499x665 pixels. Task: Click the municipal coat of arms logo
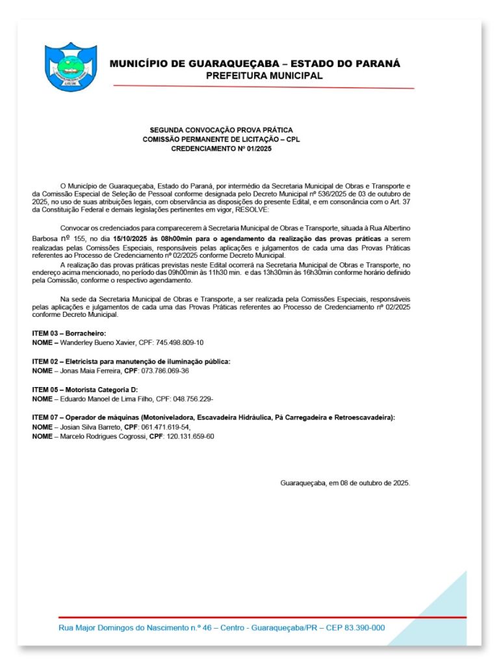pyautogui.click(x=70, y=68)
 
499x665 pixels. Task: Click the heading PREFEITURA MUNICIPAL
pyautogui.click(x=264, y=76)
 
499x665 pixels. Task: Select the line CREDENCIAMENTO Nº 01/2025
pyautogui.click(x=221, y=149)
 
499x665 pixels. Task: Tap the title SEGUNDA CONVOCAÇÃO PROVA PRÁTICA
pyautogui.click(x=221, y=130)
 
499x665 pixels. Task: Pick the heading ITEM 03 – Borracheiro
pyautogui.click(x=69, y=333)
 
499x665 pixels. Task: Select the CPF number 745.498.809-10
pyautogui.click(x=180, y=342)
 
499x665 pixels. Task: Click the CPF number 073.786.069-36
pyautogui.click(x=165, y=370)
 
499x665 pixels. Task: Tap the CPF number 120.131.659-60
pyautogui.click(x=190, y=436)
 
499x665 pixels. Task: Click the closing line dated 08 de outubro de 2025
pyautogui.click(x=345, y=483)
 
